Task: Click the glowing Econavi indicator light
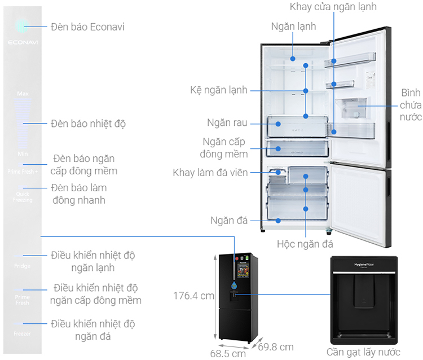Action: (22, 25)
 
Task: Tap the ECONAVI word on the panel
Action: (23, 42)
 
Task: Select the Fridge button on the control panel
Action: (23, 266)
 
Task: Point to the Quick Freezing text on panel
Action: (23, 197)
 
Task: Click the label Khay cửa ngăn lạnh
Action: (333, 7)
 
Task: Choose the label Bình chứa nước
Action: (411, 104)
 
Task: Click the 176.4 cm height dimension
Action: (193, 295)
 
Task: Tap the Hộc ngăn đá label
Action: (305, 244)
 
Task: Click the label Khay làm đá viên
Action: (210, 172)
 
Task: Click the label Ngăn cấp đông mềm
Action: (225, 147)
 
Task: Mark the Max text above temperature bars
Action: (23, 93)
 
